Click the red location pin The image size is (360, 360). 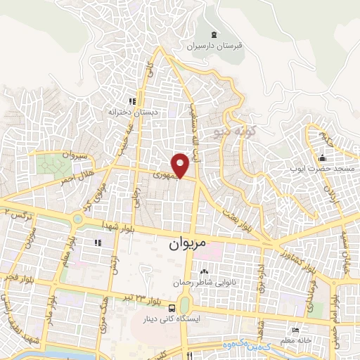183,166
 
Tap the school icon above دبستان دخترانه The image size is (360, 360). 131,101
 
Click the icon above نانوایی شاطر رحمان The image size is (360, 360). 204,272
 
